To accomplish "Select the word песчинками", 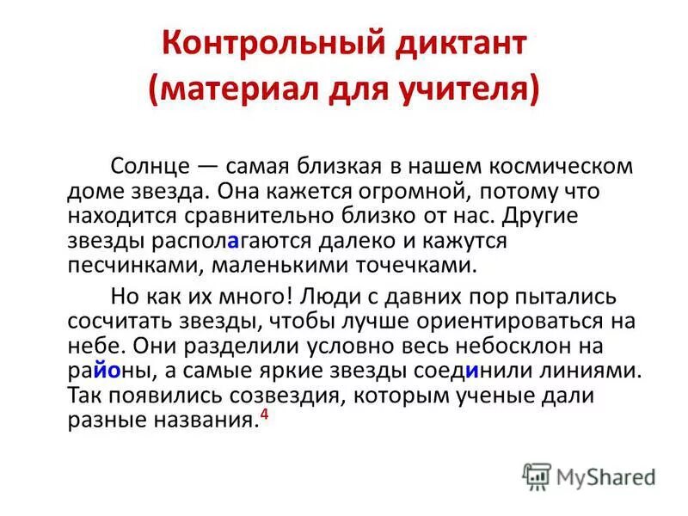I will tap(128, 263).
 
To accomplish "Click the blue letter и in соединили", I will tap(472, 371).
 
